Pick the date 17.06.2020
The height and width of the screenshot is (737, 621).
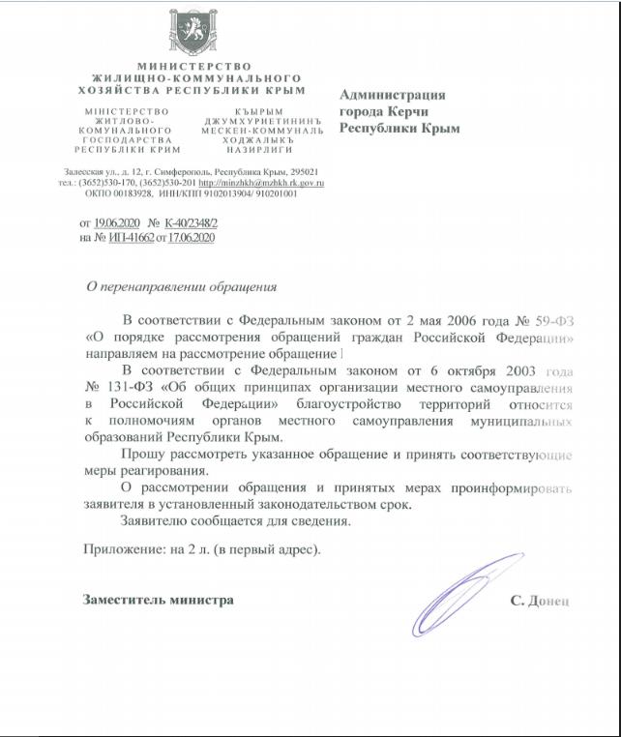pyautogui.click(x=191, y=237)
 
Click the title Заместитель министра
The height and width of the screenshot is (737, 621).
pyautogui.click(x=159, y=600)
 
